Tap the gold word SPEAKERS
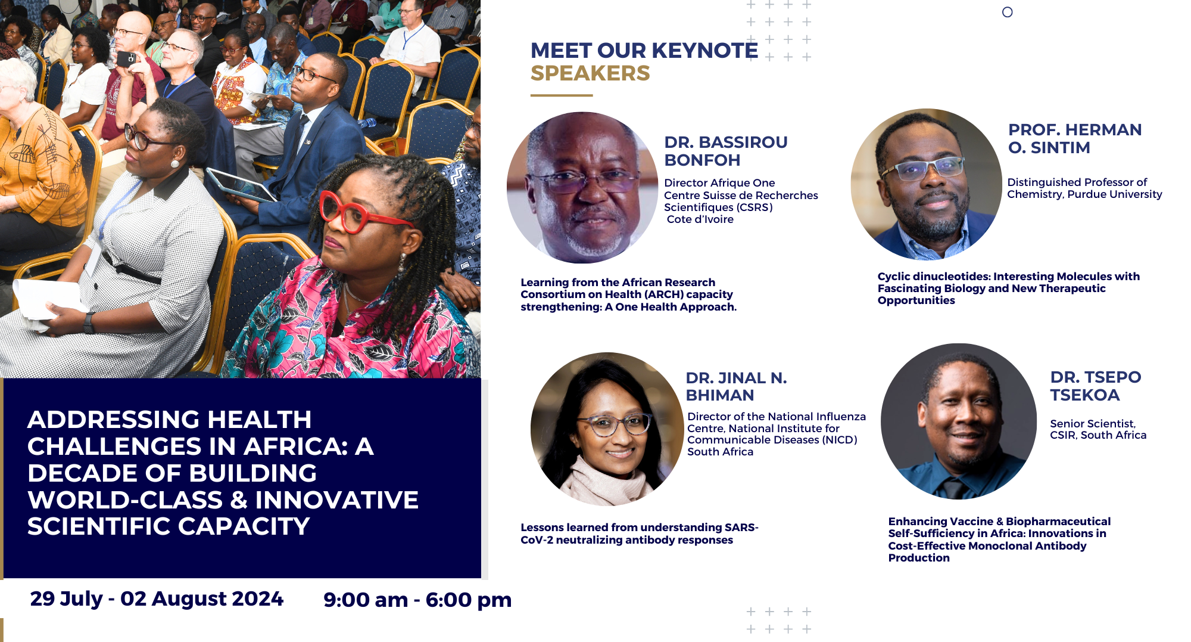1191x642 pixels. [x=590, y=73]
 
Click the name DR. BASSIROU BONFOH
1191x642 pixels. [x=726, y=151]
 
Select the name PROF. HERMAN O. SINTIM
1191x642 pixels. [x=1075, y=138]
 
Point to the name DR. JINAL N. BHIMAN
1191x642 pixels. [x=736, y=386]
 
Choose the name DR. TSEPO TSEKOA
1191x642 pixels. [x=1096, y=386]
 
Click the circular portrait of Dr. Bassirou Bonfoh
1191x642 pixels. [x=582, y=188]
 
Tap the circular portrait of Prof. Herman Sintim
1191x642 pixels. [x=927, y=184]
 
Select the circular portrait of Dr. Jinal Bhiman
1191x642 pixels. [x=607, y=429]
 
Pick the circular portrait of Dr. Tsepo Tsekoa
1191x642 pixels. [x=959, y=421]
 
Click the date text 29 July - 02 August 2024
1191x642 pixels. [x=157, y=598]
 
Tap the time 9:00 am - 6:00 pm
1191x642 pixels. [x=417, y=600]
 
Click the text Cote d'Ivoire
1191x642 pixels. [x=700, y=219]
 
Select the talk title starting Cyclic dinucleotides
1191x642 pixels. [x=1008, y=289]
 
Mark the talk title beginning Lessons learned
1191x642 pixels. [x=639, y=534]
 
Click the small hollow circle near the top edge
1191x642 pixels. [x=1007, y=12]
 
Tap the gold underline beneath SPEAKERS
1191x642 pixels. [x=562, y=95]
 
